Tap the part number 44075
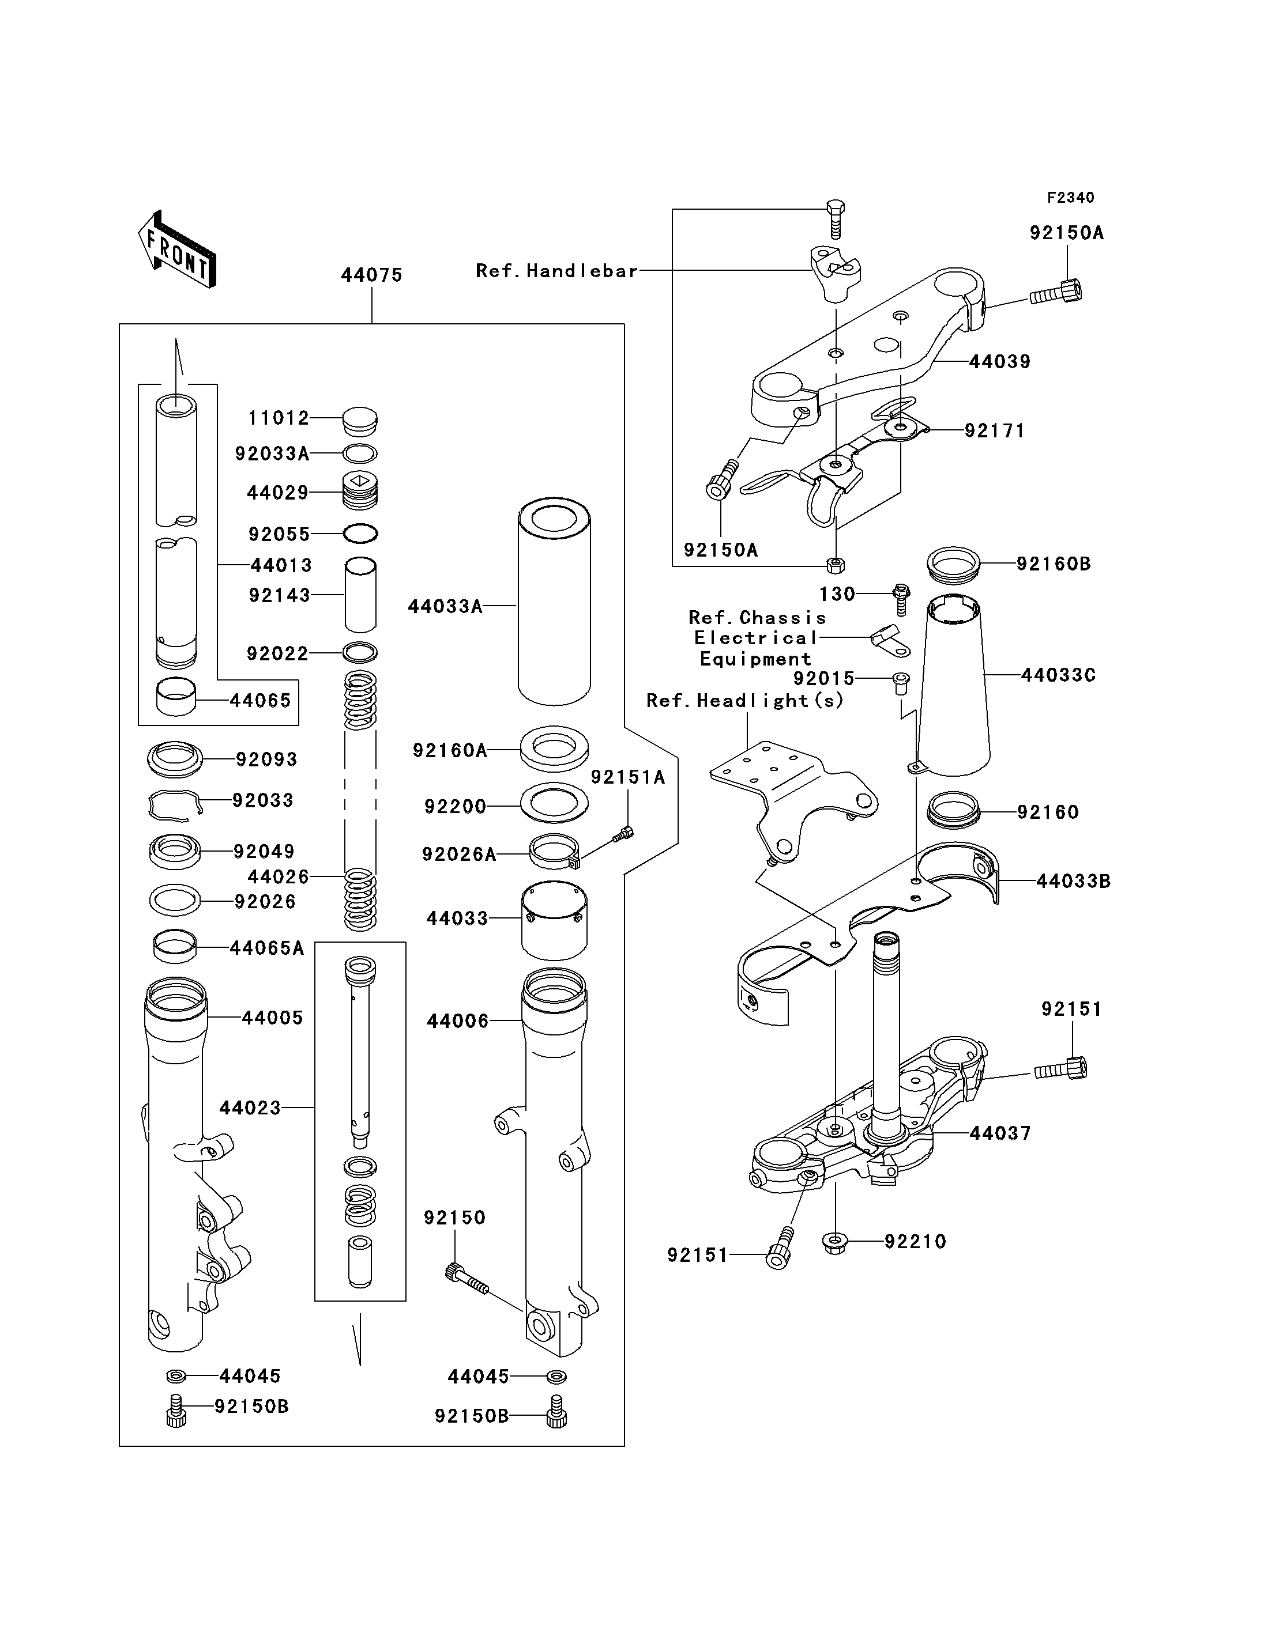point(372,275)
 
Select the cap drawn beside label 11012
point(360,421)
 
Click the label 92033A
point(272,453)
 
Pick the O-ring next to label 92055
point(360,534)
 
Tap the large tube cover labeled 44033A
point(555,602)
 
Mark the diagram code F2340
point(1071,198)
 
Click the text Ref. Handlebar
point(557,271)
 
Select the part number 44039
point(1000,362)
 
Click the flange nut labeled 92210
point(835,1241)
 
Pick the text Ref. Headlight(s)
point(745,701)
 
